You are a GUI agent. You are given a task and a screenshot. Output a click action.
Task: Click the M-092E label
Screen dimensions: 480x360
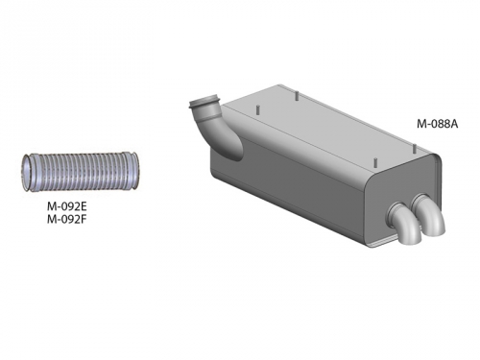click(x=67, y=206)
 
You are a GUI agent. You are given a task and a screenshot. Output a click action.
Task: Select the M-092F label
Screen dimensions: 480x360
click(x=67, y=220)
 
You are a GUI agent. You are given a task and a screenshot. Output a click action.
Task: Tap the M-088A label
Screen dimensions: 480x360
click(x=437, y=124)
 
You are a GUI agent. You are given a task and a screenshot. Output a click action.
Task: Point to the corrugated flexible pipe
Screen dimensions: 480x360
click(x=80, y=172)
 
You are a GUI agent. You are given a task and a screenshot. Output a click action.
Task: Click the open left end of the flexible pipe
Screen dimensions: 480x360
click(x=26, y=173)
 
